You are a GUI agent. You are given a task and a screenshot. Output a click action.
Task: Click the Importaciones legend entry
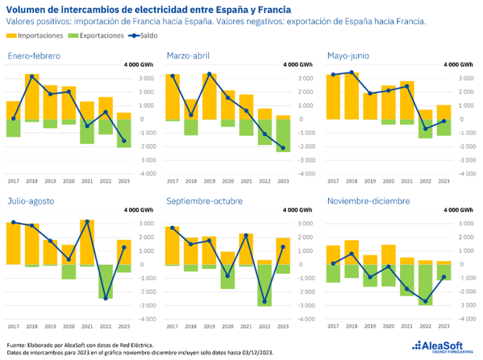36,36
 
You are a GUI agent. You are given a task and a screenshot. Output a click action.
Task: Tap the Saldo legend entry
145,36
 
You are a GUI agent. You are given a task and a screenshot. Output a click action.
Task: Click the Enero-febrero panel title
34,56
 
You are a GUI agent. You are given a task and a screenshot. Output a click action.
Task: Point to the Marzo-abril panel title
188,56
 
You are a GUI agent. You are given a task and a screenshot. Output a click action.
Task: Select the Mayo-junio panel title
348,56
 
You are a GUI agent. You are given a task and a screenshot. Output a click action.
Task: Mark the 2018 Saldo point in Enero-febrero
31,77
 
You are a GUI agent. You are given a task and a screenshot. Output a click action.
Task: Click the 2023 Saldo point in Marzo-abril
283,148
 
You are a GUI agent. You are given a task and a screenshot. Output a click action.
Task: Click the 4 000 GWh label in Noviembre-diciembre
458,210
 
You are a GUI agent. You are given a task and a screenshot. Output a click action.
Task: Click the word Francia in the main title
274,9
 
